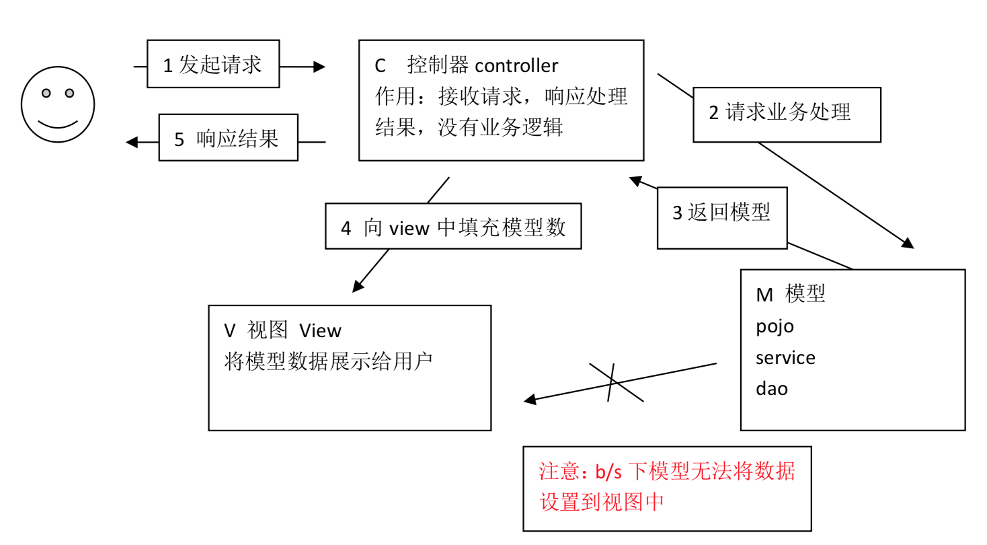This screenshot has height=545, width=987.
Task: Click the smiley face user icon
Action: pyautogui.click(x=58, y=105)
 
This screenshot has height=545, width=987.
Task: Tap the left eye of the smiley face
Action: pyautogui.click(x=46, y=93)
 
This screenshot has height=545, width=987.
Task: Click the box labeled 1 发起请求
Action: pyautogui.click(x=212, y=65)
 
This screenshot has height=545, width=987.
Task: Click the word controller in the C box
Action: pyautogui.click(x=516, y=66)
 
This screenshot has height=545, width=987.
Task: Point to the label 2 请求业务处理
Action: pyautogui.click(x=787, y=113)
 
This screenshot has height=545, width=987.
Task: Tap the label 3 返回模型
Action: pyautogui.click(x=721, y=213)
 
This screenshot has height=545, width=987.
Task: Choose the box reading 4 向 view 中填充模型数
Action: pyautogui.click(x=453, y=227)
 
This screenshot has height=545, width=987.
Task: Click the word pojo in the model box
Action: pyautogui.click(x=775, y=327)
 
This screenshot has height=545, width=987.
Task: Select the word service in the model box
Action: pyautogui.click(x=785, y=358)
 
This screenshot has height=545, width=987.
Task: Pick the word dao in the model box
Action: pyautogui.click(x=771, y=389)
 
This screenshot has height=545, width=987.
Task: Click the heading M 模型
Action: pyautogui.click(x=791, y=294)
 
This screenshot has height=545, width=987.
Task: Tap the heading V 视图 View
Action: pyautogui.click(x=282, y=330)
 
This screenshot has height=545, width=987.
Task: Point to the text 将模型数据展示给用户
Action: pyautogui.click(x=328, y=362)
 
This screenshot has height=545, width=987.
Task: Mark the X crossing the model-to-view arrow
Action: pyautogui.click(x=613, y=382)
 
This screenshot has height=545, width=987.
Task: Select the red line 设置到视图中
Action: pyautogui.click(x=602, y=502)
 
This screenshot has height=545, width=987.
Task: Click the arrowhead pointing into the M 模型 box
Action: pyautogui.click(x=908, y=244)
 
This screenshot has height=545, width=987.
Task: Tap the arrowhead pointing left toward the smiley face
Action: pyautogui.click(x=132, y=142)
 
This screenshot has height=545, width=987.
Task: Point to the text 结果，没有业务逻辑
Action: pyautogui.click(x=469, y=127)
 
